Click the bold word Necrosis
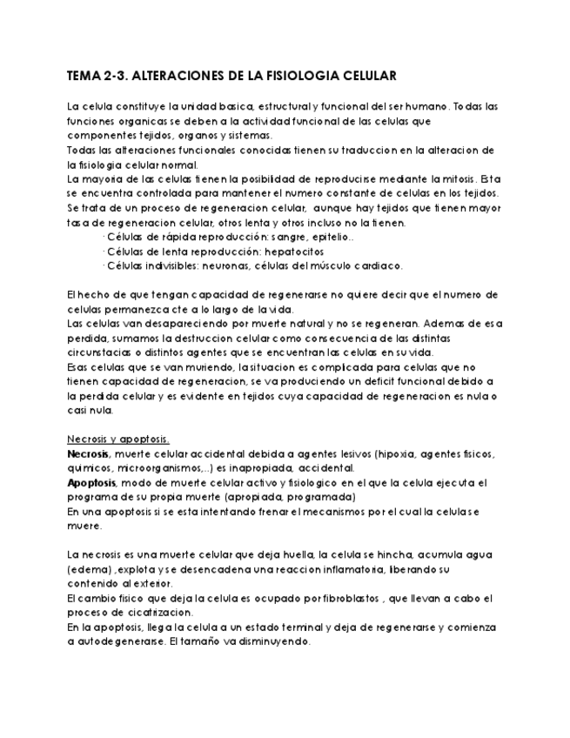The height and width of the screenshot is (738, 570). [88, 453]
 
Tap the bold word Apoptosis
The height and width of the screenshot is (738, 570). [91, 482]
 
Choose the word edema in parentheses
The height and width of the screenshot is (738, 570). [87, 569]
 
